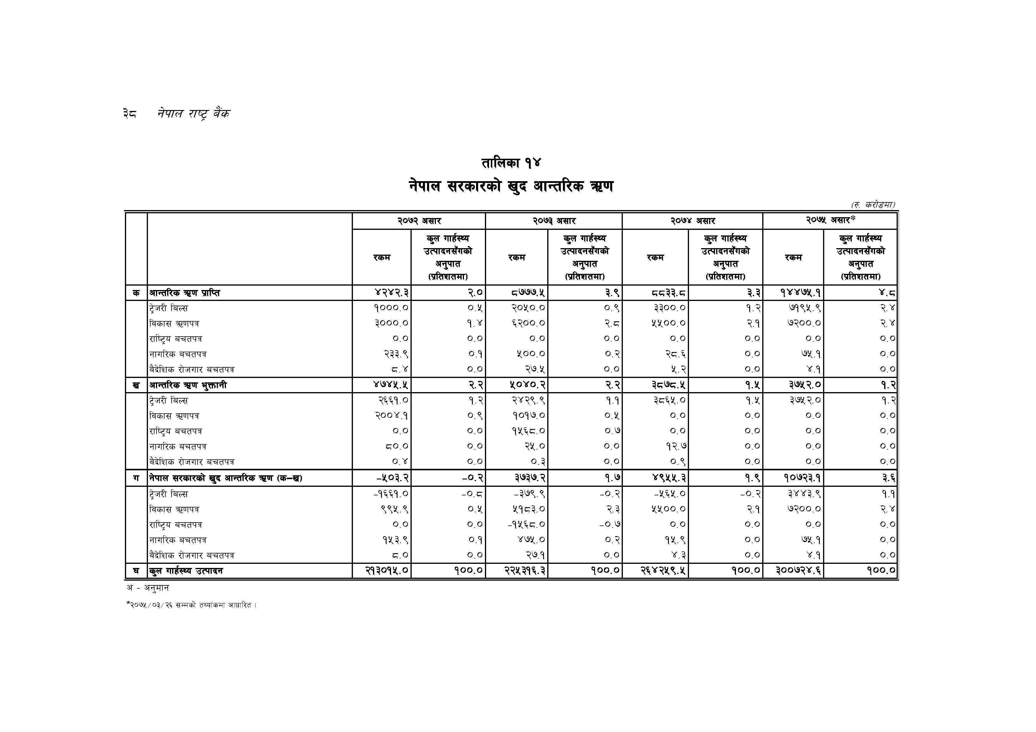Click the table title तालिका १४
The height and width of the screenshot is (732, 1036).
pos(511,163)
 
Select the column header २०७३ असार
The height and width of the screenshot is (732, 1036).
pos(554,221)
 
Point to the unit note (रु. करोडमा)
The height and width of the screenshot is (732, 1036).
pos(873,205)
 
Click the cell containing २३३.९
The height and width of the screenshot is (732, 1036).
pos(396,354)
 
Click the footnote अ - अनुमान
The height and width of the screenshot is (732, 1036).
pos(148,588)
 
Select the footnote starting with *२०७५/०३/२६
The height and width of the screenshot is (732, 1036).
pos(191,605)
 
